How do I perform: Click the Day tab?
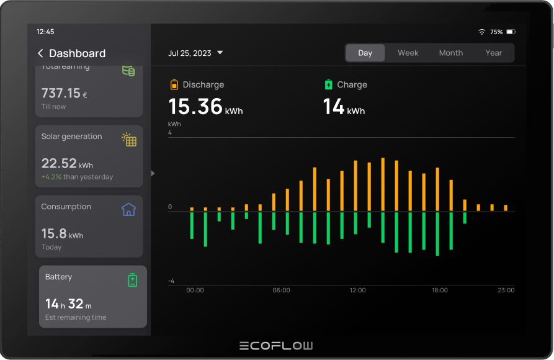coord(365,53)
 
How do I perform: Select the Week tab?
coord(408,53)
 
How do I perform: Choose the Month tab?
coord(450,53)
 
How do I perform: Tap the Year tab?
coord(493,53)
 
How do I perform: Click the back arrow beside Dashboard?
coord(40,53)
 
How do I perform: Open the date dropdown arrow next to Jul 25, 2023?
coord(220,53)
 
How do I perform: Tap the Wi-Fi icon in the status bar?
coord(481,32)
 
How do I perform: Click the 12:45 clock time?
coord(45,32)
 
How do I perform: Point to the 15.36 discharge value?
coord(195,107)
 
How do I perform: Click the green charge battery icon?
coord(328,84)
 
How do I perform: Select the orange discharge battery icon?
coord(174,84)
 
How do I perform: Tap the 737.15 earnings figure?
coord(61,94)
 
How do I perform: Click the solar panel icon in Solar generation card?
coord(129,140)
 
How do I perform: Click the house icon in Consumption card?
coord(128,210)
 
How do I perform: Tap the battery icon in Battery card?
coord(132,281)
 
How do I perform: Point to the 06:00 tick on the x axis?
coord(281,290)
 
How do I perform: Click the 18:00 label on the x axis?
coord(439,290)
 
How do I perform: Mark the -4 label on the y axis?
coord(171,281)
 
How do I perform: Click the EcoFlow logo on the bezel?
coord(276,346)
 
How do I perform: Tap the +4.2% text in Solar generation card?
coord(51,177)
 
